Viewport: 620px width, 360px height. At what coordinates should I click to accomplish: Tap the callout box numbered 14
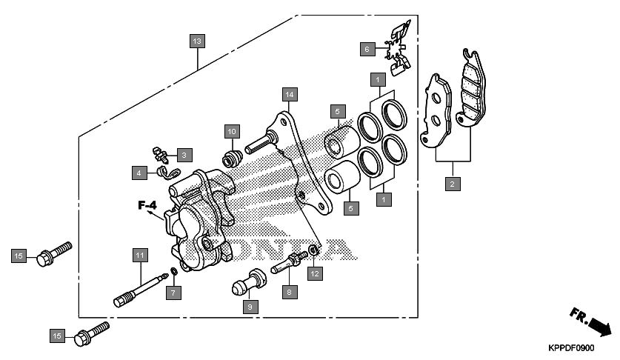click(289, 94)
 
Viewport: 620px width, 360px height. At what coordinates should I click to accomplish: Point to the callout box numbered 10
click(231, 131)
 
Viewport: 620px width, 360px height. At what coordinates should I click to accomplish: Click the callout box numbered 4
click(139, 173)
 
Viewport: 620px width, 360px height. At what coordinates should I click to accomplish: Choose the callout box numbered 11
click(139, 256)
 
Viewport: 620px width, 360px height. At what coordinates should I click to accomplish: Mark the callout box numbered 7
click(172, 293)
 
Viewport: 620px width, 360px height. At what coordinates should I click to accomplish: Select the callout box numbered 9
click(250, 306)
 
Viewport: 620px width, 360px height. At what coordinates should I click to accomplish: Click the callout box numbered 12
click(314, 274)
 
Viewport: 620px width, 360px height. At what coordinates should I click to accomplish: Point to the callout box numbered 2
click(451, 183)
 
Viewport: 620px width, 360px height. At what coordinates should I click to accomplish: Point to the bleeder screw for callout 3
click(160, 153)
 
